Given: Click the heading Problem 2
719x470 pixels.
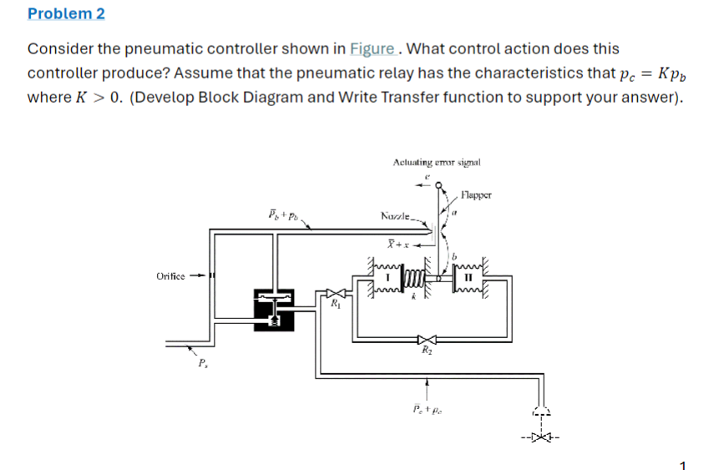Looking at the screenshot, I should (x=66, y=14).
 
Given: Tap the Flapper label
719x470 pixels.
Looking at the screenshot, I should (x=477, y=195).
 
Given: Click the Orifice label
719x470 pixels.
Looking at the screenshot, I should (x=172, y=276).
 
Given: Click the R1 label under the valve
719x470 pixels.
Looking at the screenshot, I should (x=335, y=306).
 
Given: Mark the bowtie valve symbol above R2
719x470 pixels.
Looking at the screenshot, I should (x=428, y=339).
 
